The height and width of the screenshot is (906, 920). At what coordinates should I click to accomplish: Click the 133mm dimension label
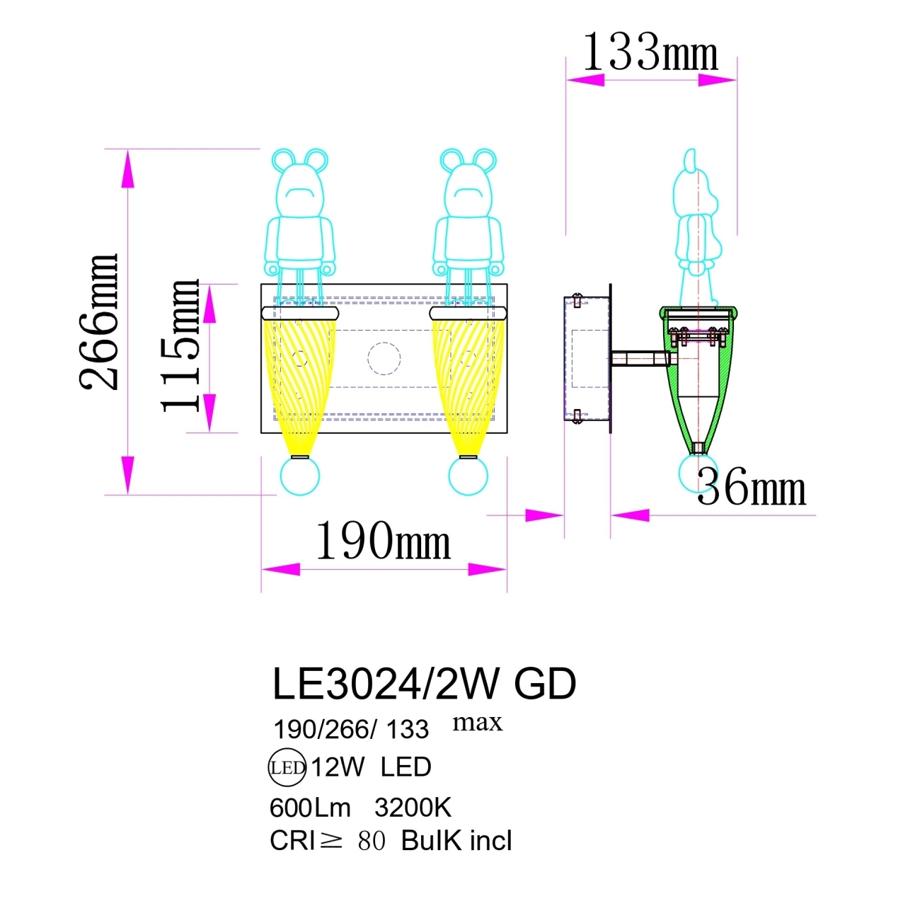(x=650, y=52)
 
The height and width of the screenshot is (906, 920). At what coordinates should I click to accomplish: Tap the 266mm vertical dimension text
(x=99, y=322)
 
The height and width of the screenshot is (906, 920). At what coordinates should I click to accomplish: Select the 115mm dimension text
(x=180, y=345)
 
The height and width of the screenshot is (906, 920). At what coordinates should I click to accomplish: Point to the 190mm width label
(x=382, y=542)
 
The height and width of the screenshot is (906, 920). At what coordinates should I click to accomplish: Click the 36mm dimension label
(x=752, y=488)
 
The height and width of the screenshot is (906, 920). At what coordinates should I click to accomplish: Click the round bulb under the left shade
(x=300, y=476)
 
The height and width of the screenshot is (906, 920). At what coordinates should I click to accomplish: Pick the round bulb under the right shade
(x=468, y=476)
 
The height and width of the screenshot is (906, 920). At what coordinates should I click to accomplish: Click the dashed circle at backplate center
(x=384, y=358)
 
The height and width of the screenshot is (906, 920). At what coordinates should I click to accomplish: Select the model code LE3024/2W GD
(x=424, y=684)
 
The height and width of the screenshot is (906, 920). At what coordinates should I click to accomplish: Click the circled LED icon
(x=287, y=767)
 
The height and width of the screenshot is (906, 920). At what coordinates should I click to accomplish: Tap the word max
(x=477, y=723)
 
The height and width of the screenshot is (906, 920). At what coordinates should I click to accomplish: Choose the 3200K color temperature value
(x=413, y=808)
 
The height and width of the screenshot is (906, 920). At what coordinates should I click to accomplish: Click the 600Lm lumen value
(x=310, y=808)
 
